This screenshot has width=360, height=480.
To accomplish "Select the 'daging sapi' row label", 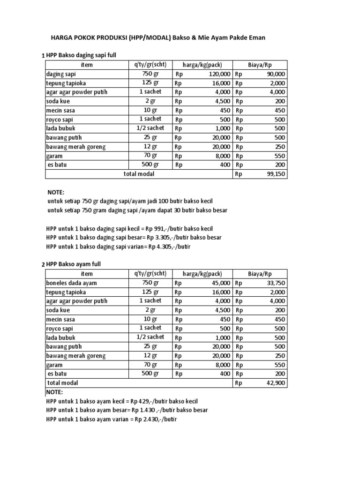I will coord(61,74).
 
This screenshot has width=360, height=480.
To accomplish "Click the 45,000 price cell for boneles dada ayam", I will coord(221,283).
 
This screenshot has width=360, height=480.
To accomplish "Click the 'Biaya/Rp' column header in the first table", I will coord(260,65).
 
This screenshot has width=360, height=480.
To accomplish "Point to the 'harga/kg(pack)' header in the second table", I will coord(202,274).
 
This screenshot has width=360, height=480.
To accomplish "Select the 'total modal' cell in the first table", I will coord(139,174).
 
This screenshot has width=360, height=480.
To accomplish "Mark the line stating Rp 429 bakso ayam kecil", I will coord(122,401).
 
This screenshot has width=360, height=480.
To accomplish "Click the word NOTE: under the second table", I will coord(54,392).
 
